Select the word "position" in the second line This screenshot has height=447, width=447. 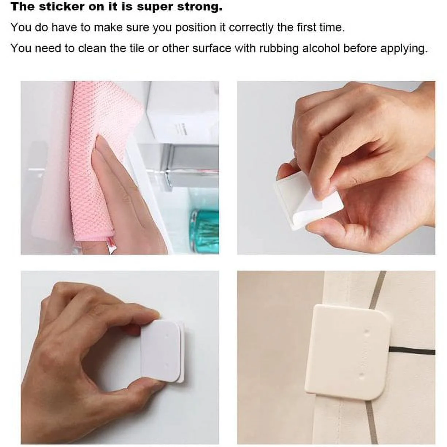pos(195,28)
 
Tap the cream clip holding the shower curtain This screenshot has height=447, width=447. pos(347,352)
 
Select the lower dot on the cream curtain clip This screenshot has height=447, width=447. pos(360,375)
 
